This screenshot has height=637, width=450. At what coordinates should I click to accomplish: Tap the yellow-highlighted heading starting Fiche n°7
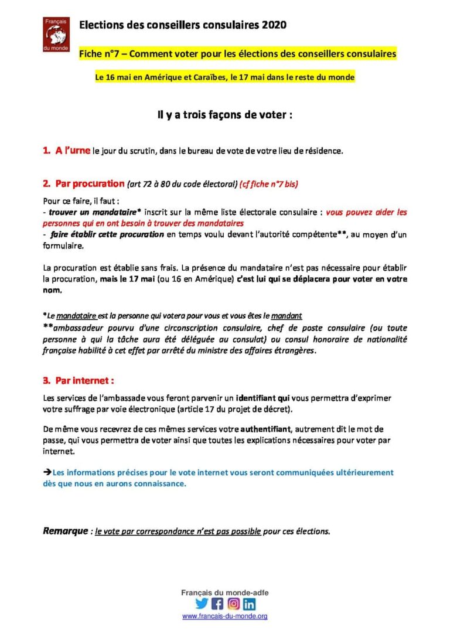pos(238,54)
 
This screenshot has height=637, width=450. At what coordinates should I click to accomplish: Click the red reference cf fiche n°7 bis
pos(268,184)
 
